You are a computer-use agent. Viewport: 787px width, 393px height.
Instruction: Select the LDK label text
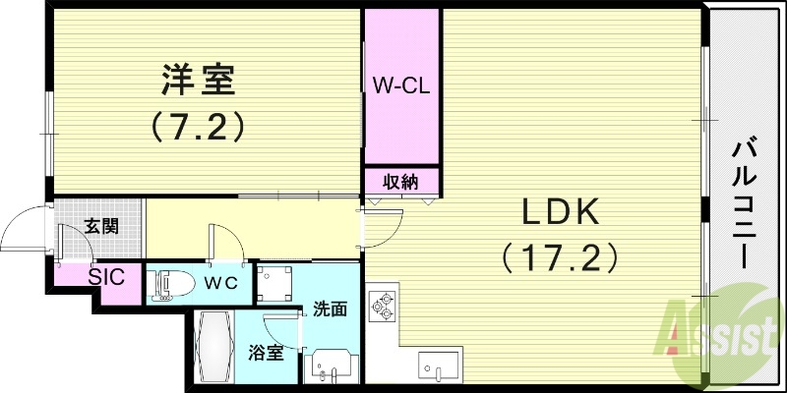pyautogui.click(x=560, y=211)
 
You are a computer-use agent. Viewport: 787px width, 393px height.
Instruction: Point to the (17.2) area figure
pyautogui.click(x=560, y=257)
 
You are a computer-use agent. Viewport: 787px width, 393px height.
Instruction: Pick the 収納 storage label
pyautogui.click(x=400, y=182)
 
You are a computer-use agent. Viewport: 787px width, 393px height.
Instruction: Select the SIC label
pyautogui.click(x=106, y=277)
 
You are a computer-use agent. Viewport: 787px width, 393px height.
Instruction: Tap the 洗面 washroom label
pyautogui.click(x=330, y=309)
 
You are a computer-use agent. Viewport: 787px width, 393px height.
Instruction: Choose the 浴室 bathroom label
pyautogui.click(x=266, y=351)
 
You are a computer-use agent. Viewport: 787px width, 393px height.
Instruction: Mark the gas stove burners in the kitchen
pyautogui.click(x=382, y=305)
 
